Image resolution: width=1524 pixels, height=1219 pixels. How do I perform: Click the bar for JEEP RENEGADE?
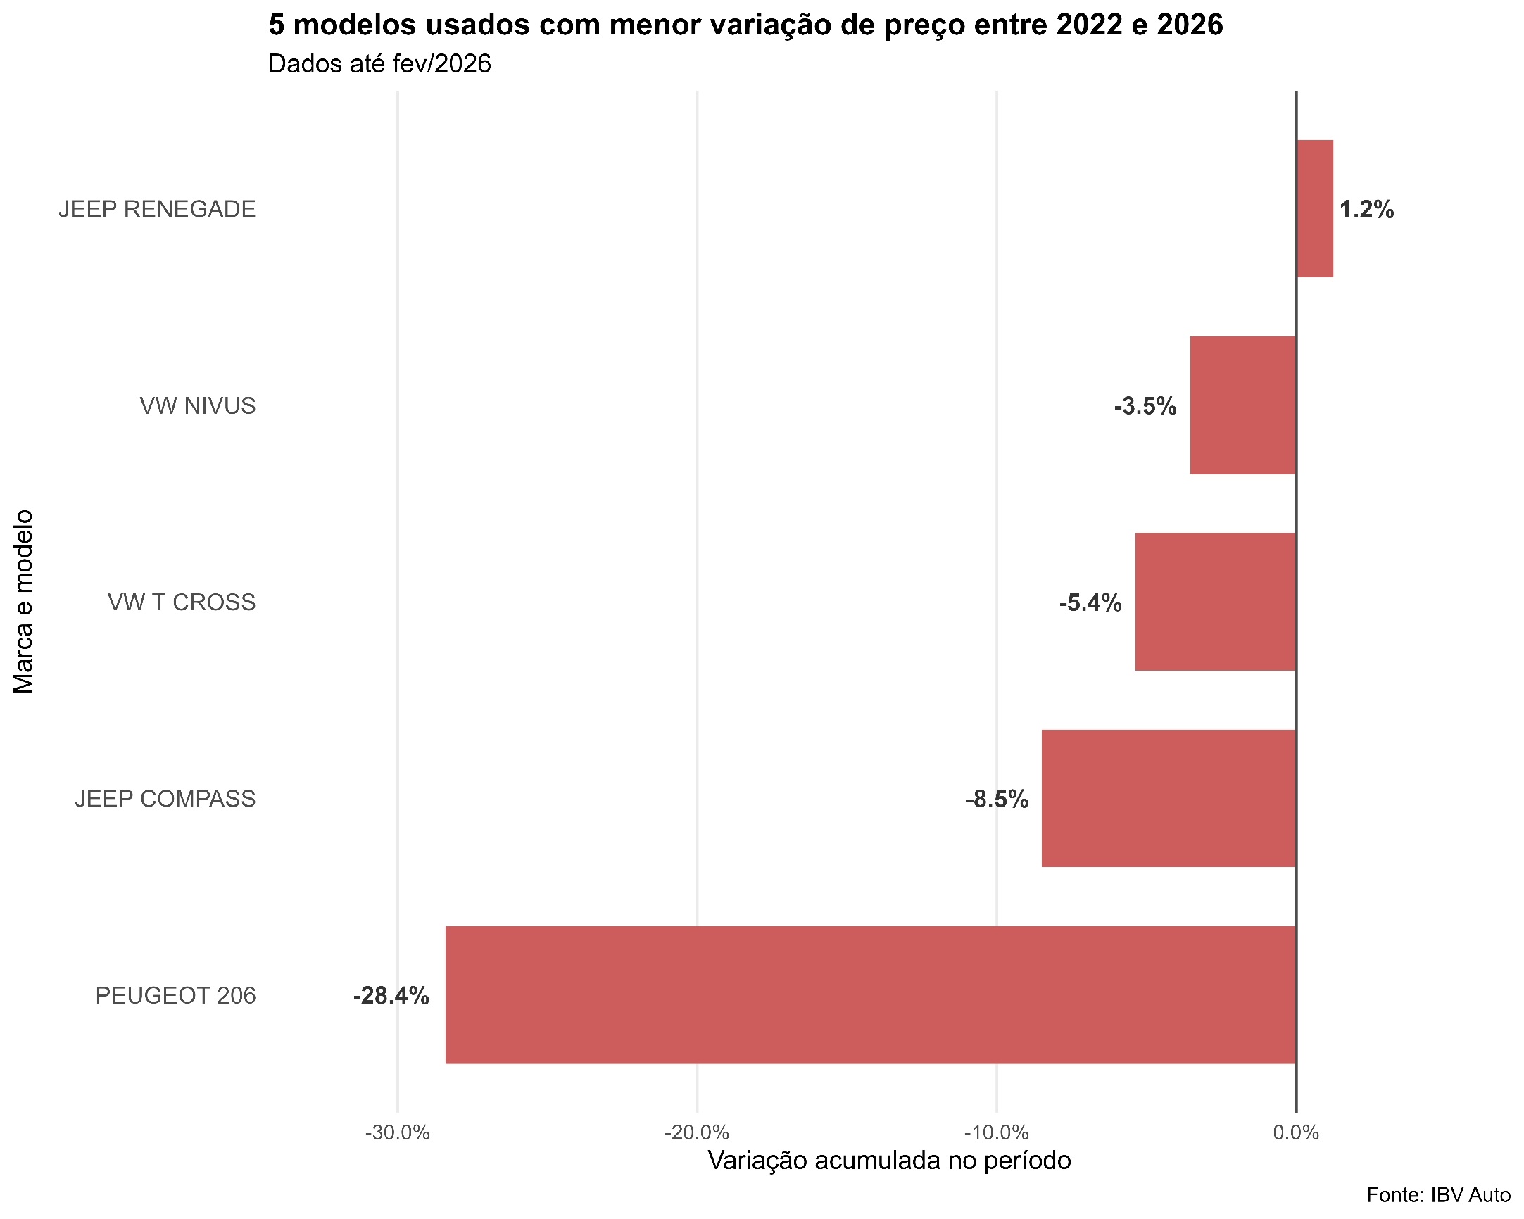(x=1315, y=208)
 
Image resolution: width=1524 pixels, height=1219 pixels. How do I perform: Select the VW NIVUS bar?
(x=1242, y=405)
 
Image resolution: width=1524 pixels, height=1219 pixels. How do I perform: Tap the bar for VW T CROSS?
(x=1215, y=601)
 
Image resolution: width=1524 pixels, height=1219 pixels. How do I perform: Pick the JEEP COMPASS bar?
(x=1169, y=798)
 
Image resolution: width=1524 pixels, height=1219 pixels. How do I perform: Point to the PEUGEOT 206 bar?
(x=870, y=995)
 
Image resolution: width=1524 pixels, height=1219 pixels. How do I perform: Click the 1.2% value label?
(x=1366, y=210)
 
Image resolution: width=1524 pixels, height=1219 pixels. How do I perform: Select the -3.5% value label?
(x=1145, y=406)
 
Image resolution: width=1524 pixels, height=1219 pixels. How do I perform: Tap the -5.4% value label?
(x=1090, y=602)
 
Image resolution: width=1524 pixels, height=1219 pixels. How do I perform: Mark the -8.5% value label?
(x=997, y=800)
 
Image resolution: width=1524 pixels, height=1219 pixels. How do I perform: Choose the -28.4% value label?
(x=391, y=996)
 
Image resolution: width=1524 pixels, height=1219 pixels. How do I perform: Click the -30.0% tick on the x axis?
(x=397, y=1133)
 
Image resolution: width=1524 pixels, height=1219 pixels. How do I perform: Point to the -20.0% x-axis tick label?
(x=697, y=1133)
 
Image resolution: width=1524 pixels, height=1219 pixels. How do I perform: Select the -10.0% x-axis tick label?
(x=997, y=1133)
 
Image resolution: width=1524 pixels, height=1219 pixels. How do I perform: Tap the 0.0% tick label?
(x=1297, y=1133)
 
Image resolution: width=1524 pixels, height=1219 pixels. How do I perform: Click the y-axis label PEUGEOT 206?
(x=175, y=995)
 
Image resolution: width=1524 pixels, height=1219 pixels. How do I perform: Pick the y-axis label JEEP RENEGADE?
(x=157, y=209)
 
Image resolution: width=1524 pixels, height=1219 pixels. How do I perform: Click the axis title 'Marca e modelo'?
(x=23, y=601)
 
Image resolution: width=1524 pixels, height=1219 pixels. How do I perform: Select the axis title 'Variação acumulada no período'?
(x=889, y=1161)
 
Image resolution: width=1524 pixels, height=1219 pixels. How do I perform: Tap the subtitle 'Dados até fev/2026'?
(x=379, y=64)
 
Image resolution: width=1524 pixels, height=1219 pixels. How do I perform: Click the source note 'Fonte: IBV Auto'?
(x=1437, y=1195)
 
